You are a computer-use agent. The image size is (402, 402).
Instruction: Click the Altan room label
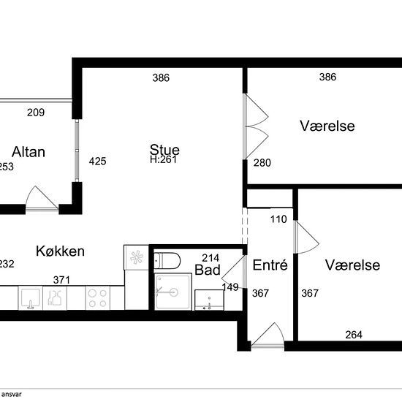click(x=29, y=152)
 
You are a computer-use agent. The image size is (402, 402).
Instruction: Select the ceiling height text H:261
click(x=164, y=159)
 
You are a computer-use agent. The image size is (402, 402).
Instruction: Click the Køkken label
click(x=60, y=251)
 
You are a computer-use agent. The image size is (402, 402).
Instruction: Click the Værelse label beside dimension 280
click(x=327, y=126)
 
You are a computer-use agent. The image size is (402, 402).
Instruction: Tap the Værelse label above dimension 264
click(x=353, y=265)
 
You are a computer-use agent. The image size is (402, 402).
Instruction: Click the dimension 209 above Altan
click(x=35, y=113)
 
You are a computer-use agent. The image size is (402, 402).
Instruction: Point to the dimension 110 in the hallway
click(x=279, y=219)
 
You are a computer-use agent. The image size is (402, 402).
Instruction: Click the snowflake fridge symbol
click(x=136, y=257)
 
